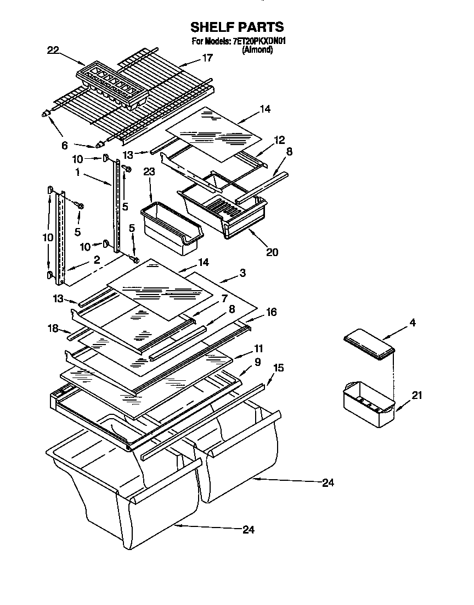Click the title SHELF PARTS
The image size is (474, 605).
pos(236,27)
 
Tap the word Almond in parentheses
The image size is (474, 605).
pos(257,49)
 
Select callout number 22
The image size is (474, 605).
pos(53,50)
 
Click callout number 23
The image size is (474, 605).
pos(149,171)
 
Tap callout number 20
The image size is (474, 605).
pos(272,252)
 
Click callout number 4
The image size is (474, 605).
pos(413,323)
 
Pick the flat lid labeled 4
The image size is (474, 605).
pos(369,344)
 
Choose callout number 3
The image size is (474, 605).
pos(242,273)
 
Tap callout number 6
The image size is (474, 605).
pos(65,146)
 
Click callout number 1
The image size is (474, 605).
pos(78,172)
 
